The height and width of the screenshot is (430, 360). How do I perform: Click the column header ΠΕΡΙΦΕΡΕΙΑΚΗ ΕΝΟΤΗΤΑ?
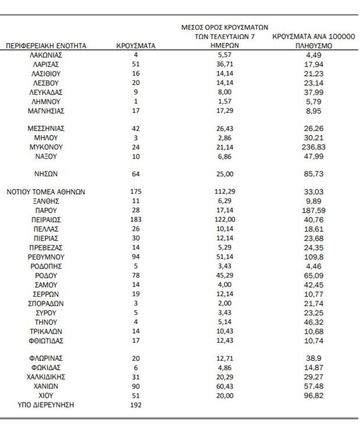46,46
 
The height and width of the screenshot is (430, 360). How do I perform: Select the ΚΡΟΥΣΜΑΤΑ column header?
136,46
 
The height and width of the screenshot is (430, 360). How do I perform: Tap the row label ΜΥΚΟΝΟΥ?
46,147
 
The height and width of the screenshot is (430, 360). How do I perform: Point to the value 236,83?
314,147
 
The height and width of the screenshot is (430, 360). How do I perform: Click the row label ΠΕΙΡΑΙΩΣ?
46,219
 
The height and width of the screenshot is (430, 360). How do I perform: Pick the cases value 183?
136,219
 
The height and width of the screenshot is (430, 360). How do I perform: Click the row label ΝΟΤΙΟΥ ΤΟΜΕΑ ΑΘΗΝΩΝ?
46,192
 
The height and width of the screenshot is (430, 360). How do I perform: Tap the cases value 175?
136,192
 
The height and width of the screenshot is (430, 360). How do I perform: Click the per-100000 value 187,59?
314,211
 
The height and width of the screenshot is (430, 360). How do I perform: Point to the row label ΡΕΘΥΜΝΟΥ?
46,256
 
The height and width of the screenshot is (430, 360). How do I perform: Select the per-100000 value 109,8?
314,256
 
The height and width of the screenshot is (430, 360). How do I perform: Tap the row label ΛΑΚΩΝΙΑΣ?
46,55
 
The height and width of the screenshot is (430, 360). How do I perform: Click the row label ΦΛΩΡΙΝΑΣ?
46,358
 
